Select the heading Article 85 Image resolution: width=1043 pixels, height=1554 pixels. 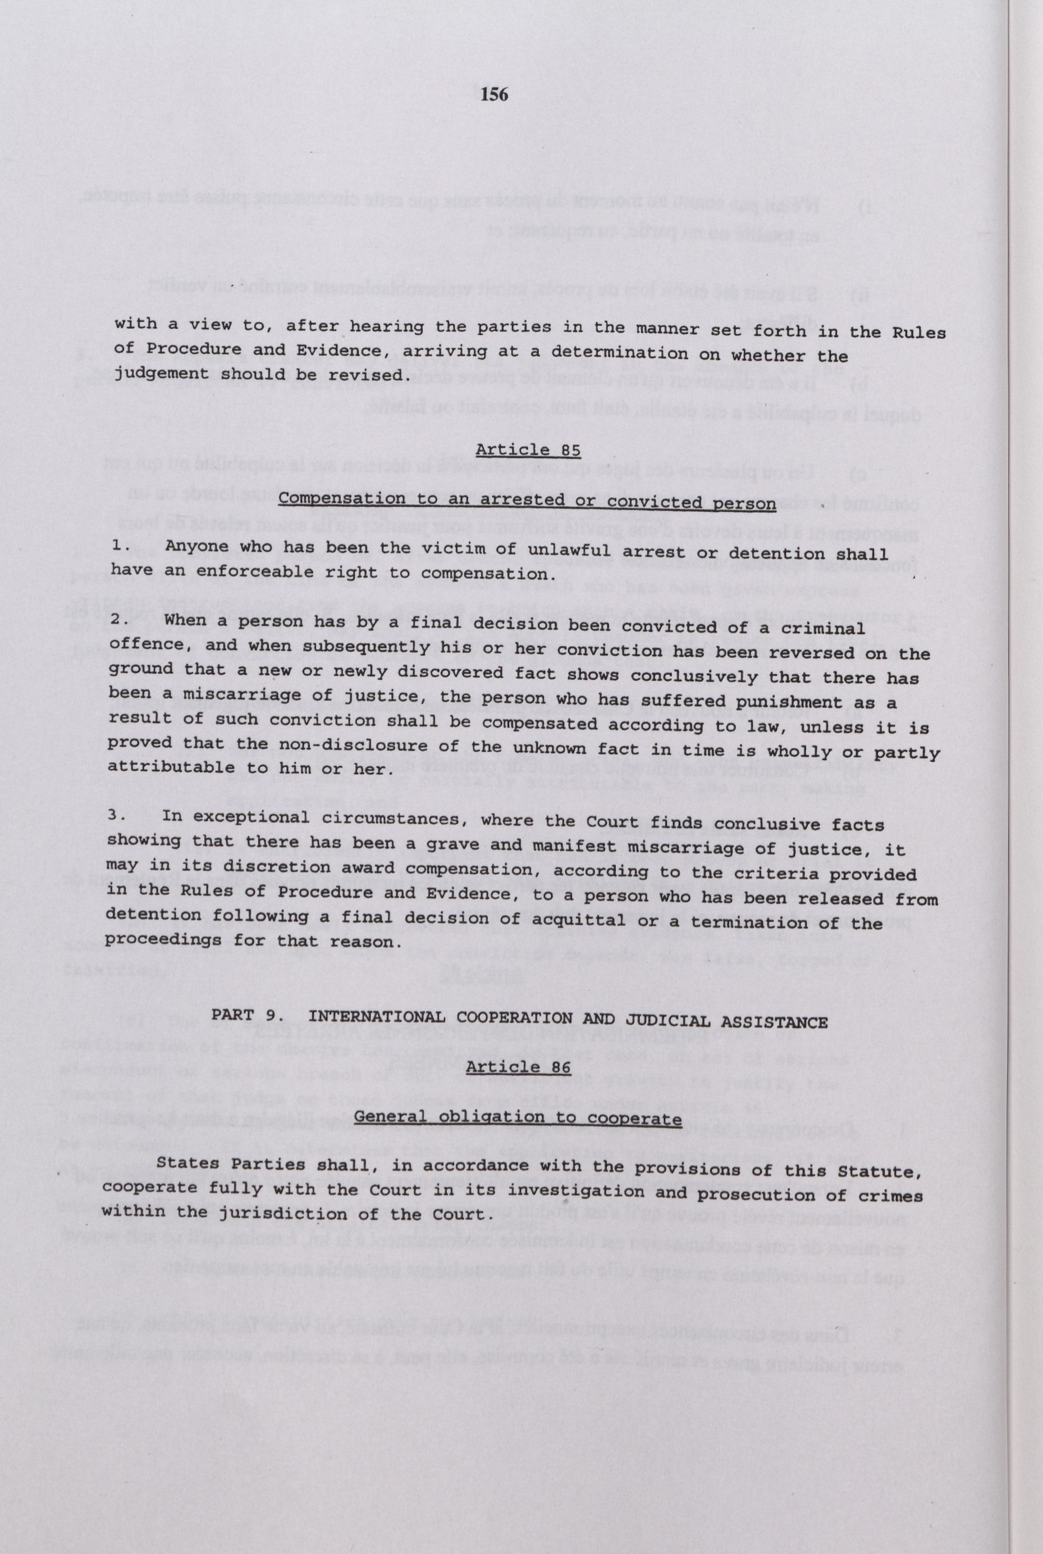tap(528, 450)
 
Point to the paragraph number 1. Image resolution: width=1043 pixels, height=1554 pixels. tap(119, 545)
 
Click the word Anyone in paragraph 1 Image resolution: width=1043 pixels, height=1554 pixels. tap(197, 547)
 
